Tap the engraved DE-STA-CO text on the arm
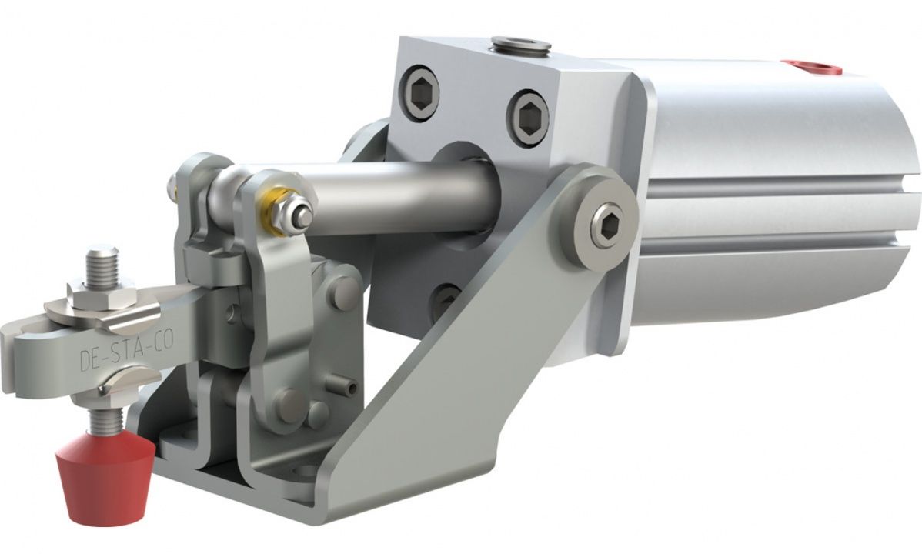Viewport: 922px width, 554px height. tap(116, 359)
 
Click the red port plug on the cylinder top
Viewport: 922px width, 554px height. tap(810, 68)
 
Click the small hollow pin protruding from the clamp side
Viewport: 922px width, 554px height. tap(345, 388)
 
